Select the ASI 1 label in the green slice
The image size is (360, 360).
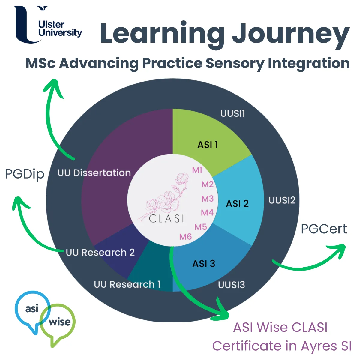pyautogui.click(x=208, y=145)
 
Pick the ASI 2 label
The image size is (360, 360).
pyautogui.click(x=237, y=204)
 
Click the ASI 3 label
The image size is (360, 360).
pyautogui.click(x=204, y=264)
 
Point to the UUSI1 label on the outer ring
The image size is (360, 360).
pyautogui.click(x=233, y=114)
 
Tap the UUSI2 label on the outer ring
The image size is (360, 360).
pyautogui.click(x=282, y=200)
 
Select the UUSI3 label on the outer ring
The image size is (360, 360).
pyautogui.click(x=231, y=285)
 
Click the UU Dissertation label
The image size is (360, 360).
pyautogui.click(x=94, y=173)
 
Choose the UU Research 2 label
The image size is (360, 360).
pyautogui.click(x=100, y=253)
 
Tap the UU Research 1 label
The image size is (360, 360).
pyautogui.click(x=127, y=284)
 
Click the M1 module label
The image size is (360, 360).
pyautogui.click(x=197, y=170)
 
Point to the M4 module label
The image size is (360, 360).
pyautogui.click(x=207, y=213)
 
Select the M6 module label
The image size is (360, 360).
pyautogui.click(x=185, y=237)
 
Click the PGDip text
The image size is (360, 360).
pyautogui.click(x=25, y=174)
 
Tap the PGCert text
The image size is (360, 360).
pyautogui.click(x=324, y=229)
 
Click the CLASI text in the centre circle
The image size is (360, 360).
pyautogui.click(x=166, y=219)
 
